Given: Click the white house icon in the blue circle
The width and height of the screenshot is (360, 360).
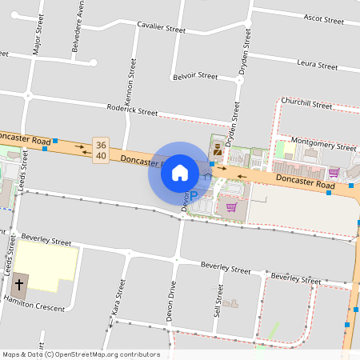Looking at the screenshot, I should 180,172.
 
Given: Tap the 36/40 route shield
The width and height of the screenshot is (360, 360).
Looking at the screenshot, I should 101,150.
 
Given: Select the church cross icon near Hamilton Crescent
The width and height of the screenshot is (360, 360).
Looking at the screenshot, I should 20,282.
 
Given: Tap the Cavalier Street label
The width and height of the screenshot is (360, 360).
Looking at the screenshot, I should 159,28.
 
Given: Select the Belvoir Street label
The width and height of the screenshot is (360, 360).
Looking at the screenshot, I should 194,77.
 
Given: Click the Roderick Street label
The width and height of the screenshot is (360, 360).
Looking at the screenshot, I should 133,111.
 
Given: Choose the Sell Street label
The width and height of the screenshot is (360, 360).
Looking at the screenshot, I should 217,302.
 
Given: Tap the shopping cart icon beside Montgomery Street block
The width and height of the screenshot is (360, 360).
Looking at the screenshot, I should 334,172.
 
